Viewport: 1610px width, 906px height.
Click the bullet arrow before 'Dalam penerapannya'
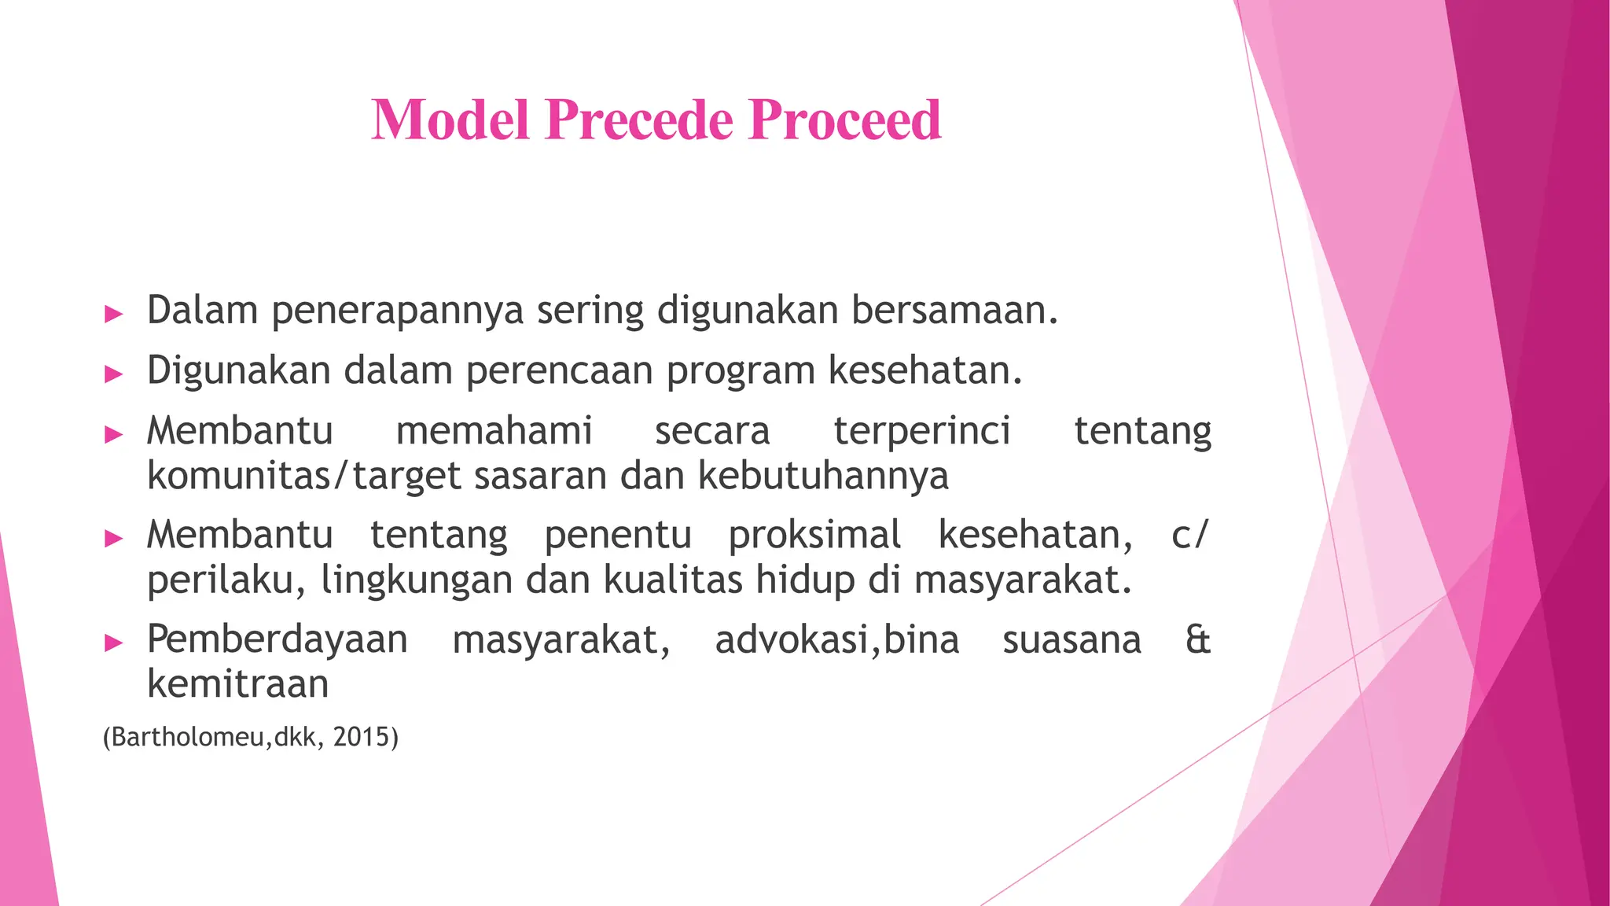pos(114,315)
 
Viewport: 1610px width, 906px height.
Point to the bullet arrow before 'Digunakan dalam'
pos(114,374)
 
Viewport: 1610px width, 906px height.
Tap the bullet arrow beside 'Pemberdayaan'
pos(114,643)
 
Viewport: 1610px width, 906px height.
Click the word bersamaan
pos(954,311)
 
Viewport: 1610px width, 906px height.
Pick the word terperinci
pos(921,431)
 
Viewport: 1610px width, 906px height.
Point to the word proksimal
pos(814,536)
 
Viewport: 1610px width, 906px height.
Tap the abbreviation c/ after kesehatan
pos(1189,536)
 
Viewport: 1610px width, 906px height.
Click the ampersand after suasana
pos(1197,639)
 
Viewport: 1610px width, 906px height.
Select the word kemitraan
pos(237,683)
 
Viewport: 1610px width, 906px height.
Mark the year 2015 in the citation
pos(362,737)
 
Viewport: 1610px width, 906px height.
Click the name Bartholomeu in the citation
pos(189,737)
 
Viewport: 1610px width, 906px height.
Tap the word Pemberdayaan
pos(277,639)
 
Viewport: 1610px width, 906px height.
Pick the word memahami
pos(494,431)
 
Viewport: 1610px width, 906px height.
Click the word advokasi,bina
pos(836,639)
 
